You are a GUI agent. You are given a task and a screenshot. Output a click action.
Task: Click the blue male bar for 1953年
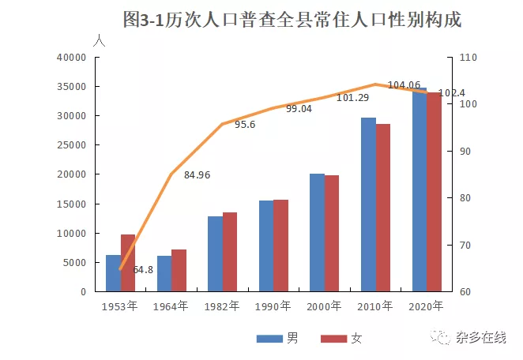(x=113, y=273)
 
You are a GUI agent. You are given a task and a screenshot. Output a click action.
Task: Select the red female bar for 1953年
(x=128, y=263)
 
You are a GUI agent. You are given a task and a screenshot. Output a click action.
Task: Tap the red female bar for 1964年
(x=179, y=270)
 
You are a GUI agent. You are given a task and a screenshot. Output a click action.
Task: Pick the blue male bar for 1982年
(x=215, y=253)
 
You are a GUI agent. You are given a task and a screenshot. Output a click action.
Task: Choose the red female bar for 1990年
(x=281, y=246)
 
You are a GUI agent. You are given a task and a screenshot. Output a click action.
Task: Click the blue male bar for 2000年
(x=317, y=232)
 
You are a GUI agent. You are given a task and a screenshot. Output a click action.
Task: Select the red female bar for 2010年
(x=383, y=208)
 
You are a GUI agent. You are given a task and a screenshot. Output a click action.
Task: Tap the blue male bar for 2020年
(x=419, y=189)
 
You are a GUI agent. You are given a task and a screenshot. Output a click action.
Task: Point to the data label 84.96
(x=198, y=175)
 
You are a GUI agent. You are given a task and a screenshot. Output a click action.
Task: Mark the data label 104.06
(x=404, y=85)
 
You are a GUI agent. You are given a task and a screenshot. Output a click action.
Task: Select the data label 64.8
(x=143, y=270)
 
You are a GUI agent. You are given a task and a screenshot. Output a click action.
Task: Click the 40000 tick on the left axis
(x=71, y=58)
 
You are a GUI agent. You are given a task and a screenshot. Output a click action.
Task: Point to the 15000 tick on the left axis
(x=71, y=204)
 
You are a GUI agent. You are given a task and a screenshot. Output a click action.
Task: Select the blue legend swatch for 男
(x=269, y=339)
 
